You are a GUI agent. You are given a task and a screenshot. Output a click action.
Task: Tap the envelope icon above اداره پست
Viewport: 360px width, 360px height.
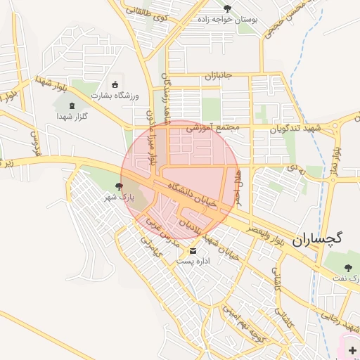(193, 251)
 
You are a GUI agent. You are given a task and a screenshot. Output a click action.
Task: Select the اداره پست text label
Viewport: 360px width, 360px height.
(192, 261)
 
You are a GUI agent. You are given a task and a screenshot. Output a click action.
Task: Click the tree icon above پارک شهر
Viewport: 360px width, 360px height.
(118, 187)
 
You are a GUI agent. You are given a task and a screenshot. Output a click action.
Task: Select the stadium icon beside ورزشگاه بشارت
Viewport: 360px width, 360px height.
(115, 85)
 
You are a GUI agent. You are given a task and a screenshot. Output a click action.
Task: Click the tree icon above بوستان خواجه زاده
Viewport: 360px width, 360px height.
(226, 8)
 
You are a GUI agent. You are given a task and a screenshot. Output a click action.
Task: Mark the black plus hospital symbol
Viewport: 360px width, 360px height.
(352, 350)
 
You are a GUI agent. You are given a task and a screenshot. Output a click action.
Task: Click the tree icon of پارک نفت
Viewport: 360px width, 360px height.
(349, 268)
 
